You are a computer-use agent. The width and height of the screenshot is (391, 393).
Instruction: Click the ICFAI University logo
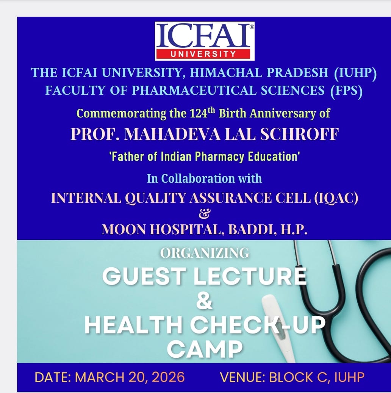click(205, 41)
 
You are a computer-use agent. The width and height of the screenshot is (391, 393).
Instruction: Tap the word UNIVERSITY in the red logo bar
click(203, 54)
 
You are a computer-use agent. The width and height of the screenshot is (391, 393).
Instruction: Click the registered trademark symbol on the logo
click(252, 27)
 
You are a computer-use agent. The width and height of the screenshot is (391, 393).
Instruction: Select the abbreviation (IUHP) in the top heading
click(355, 73)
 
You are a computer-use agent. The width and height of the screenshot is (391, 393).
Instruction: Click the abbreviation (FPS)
click(346, 91)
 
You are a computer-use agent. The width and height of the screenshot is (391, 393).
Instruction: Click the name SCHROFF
click(299, 134)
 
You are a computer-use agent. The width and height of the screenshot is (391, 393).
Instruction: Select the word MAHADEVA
click(172, 134)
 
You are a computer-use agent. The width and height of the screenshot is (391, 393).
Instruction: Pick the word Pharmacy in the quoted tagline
click(219, 157)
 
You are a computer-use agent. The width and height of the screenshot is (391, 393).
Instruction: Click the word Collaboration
click(198, 178)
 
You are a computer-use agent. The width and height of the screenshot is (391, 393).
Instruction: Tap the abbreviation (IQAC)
click(336, 198)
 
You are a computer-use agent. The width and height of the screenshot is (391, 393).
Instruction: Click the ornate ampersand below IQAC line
click(204, 213)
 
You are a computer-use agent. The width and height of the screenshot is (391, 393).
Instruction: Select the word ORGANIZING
click(204, 253)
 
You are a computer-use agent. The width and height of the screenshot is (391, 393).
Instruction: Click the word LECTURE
click(250, 276)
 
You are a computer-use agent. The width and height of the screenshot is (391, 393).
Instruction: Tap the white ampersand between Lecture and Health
click(204, 301)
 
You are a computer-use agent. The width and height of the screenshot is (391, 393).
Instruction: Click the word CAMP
click(205, 349)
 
